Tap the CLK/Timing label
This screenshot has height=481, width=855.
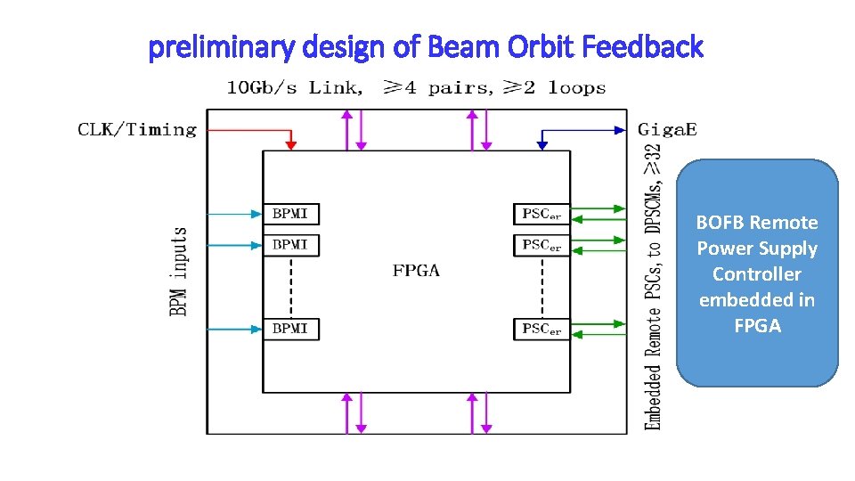pyautogui.click(x=137, y=130)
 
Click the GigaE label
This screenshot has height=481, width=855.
pyautogui.click(x=667, y=130)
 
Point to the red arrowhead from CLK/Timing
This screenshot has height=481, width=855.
pyautogui.click(x=290, y=144)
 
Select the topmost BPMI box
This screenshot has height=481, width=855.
pyautogui.click(x=290, y=214)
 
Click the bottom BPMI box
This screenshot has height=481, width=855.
pyautogui.click(x=290, y=329)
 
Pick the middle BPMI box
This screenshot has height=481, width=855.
pyautogui.click(x=290, y=245)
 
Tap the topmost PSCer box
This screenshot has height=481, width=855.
pyautogui.click(x=541, y=214)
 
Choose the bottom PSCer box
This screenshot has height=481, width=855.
pyautogui.click(x=541, y=329)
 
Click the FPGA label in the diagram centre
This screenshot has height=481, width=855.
pyautogui.click(x=416, y=271)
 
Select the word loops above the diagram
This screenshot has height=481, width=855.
pyautogui.click(x=576, y=88)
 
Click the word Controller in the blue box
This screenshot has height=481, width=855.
pyautogui.click(x=756, y=274)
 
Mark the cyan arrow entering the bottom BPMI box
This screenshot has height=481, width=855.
pyautogui.click(x=233, y=329)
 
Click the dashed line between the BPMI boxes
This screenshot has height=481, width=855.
pyautogui.click(x=290, y=286)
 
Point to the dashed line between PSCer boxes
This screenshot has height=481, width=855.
pyautogui.click(x=541, y=286)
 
